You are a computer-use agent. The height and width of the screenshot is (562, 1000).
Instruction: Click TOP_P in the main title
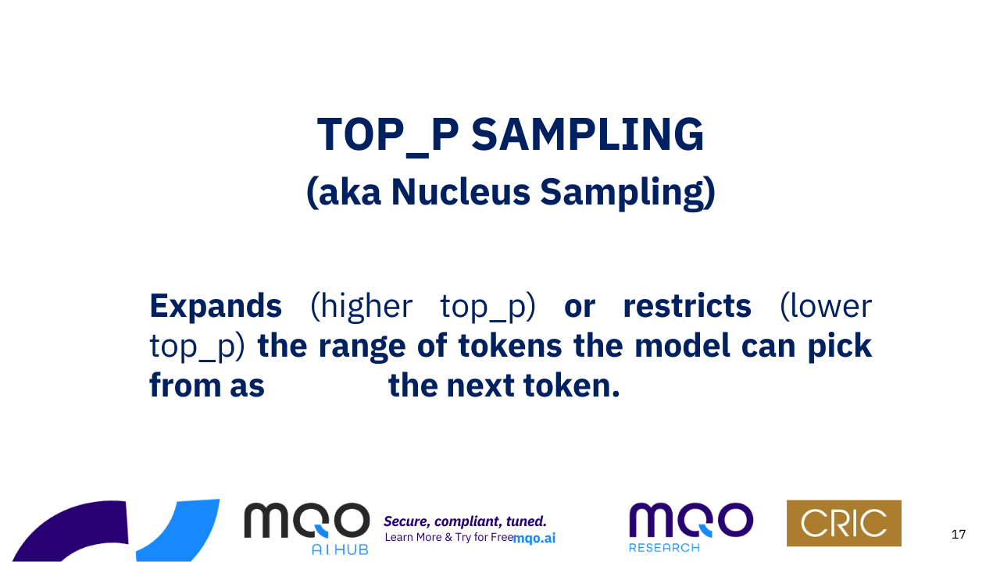pyautogui.click(x=387, y=136)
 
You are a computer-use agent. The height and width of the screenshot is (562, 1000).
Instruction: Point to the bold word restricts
pyautogui.click(x=687, y=305)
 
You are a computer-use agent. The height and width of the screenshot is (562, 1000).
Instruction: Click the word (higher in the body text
pyautogui.click(x=361, y=308)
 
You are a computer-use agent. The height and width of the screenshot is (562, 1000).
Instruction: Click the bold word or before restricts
pyautogui.click(x=580, y=308)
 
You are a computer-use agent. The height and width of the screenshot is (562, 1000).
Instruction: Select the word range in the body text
pyautogui.click(x=362, y=348)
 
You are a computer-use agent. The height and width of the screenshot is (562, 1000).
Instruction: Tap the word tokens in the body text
pyautogui.click(x=510, y=346)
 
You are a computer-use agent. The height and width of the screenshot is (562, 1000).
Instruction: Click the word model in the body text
pyautogui.click(x=682, y=346)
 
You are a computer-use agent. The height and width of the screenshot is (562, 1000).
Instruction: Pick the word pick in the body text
pyautogui.click(x=840, y=347)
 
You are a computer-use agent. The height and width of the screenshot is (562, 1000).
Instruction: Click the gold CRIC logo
pyautogui.click(x=844, y=523)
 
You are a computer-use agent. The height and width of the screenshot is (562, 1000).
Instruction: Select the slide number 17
pyautogui.click(x=959, y=535)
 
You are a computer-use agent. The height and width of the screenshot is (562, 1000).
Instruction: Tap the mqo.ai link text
pyautogui.click(x=534, y=539)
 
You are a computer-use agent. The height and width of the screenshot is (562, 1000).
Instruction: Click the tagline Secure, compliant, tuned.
pyautogui.click(x=465, y=521)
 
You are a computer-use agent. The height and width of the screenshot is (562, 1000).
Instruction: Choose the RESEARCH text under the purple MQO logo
pyautogui.click(x=664, y=548)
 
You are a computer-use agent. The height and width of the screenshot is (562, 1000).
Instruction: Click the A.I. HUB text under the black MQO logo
pyautogui.click(x=340, y=550)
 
